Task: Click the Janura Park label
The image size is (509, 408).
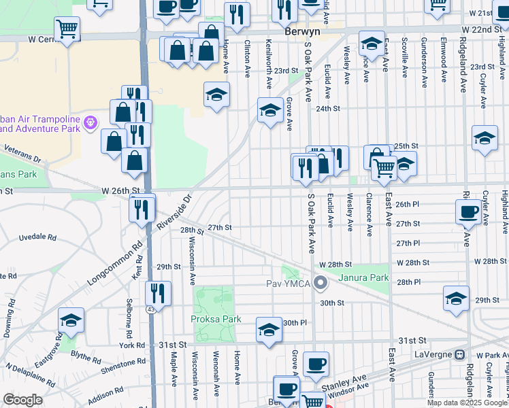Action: (x=371, y=277)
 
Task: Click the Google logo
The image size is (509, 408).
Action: (x=22, y=400)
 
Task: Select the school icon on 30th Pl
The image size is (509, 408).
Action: (x=269, y=329)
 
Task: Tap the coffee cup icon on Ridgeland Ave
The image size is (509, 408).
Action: (x=469, y=211)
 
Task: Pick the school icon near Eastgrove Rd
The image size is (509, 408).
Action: (x=71, y=320)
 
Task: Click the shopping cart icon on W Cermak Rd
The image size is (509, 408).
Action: (x=67, y=29)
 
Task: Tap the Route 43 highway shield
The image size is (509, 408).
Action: (x=148, y=309)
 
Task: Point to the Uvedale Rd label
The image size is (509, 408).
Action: (x=37, y=237)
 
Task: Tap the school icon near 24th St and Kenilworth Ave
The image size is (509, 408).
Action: (x=270, y=110)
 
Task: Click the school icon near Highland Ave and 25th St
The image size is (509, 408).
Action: (x=485, y=138)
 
